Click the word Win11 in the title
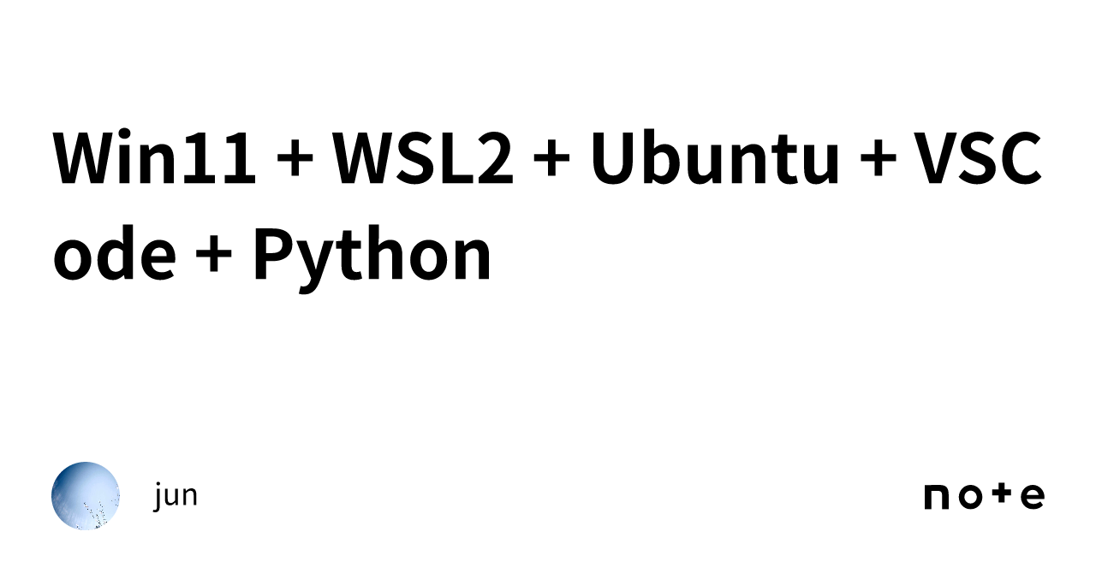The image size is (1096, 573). tap(154, 157)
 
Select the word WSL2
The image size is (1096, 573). tap(423, 158)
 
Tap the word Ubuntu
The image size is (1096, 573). tap(715, 157)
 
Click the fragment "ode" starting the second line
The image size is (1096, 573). tap(115, 253)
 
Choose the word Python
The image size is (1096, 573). tap(372, 259)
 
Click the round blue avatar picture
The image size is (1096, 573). tap(86, 496)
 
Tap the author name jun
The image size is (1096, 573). tap(176, 496)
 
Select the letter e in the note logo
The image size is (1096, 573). tap(1032, 497)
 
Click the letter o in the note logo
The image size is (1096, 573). tap(970, 497)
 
